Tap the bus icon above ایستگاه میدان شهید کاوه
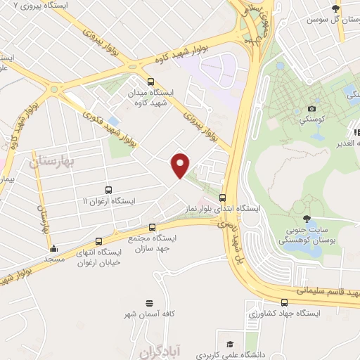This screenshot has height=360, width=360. click(x=150, y=81)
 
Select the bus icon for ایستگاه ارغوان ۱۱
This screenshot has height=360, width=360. click(x=108, y=189)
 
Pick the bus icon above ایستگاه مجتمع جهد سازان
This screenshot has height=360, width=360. click(x=153, y=227)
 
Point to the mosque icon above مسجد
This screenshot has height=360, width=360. click(x=53, y=248)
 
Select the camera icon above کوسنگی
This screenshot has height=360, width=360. click(x=312, y=109)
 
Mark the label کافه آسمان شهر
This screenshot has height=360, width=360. click(x=149, y=314)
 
